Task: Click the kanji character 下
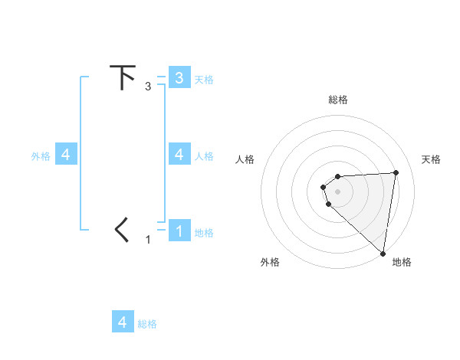(123, 77)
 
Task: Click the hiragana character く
(122, 230)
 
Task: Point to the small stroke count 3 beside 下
(148, 87)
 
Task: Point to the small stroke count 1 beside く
(148, 240)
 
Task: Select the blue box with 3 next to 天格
(179, 77)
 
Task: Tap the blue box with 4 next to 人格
(179, 154)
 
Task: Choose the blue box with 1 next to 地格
(179, 231)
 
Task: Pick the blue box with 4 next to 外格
(66, 155)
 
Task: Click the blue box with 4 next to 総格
(123, 322)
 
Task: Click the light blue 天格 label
(204, 79)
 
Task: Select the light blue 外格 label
(41, 156)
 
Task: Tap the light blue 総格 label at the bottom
(147, 324)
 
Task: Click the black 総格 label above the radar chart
(338, 100)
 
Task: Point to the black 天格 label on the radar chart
(431, 159)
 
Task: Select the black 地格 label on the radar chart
(402, 262)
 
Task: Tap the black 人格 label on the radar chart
(245, 159)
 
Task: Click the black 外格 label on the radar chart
(270, 262)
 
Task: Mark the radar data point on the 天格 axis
(396, 172)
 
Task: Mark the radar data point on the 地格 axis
(383, 253)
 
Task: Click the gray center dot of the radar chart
(338, 191)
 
